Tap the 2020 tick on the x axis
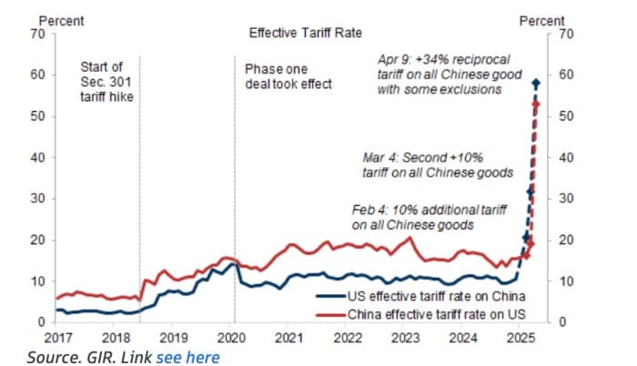pos(232,336)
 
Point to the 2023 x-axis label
pos(406,336)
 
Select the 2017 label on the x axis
pos(59,336)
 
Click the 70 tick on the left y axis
pos(38,33)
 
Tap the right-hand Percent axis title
pos(541,20)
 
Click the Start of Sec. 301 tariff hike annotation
pos(107,81)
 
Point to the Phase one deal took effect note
pos(288,76)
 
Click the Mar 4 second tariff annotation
pos(437,164)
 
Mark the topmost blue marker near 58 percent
pos(536,83)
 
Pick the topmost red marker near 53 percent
pos(536,104)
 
